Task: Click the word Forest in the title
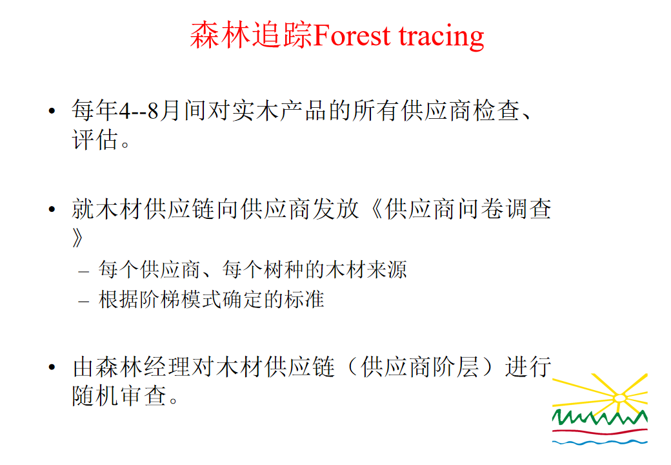click(x=352, y=35)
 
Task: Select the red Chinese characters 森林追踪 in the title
click(x=252, y=35)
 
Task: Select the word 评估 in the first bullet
click(x=95, y=139)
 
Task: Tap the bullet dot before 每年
click(x=52, y=111)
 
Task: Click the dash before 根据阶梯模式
click(x=83, y=302)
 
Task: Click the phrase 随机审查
click(x=119, y=396)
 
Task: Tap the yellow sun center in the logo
click(x=619, y=398)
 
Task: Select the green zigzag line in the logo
click(x=599, y=417)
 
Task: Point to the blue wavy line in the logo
click(x=599, y=442)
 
